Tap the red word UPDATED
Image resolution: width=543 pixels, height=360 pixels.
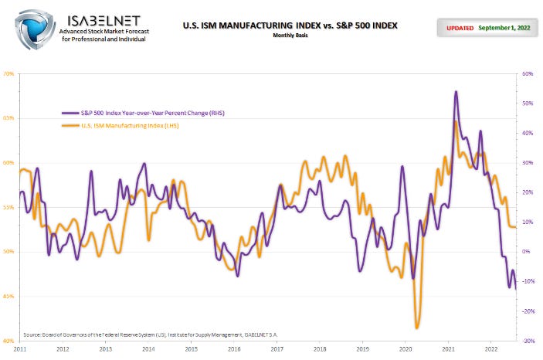[x=460, y=28]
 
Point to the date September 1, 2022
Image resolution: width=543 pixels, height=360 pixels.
[x=505, y=28]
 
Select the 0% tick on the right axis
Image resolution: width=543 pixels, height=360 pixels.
[x=527, y=252]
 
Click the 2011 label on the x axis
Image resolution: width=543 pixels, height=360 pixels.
[x=21, y=349]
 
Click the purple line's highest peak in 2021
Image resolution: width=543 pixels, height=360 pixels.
[x=456, y=92]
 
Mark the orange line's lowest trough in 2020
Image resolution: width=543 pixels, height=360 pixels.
[x=417, y=328]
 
